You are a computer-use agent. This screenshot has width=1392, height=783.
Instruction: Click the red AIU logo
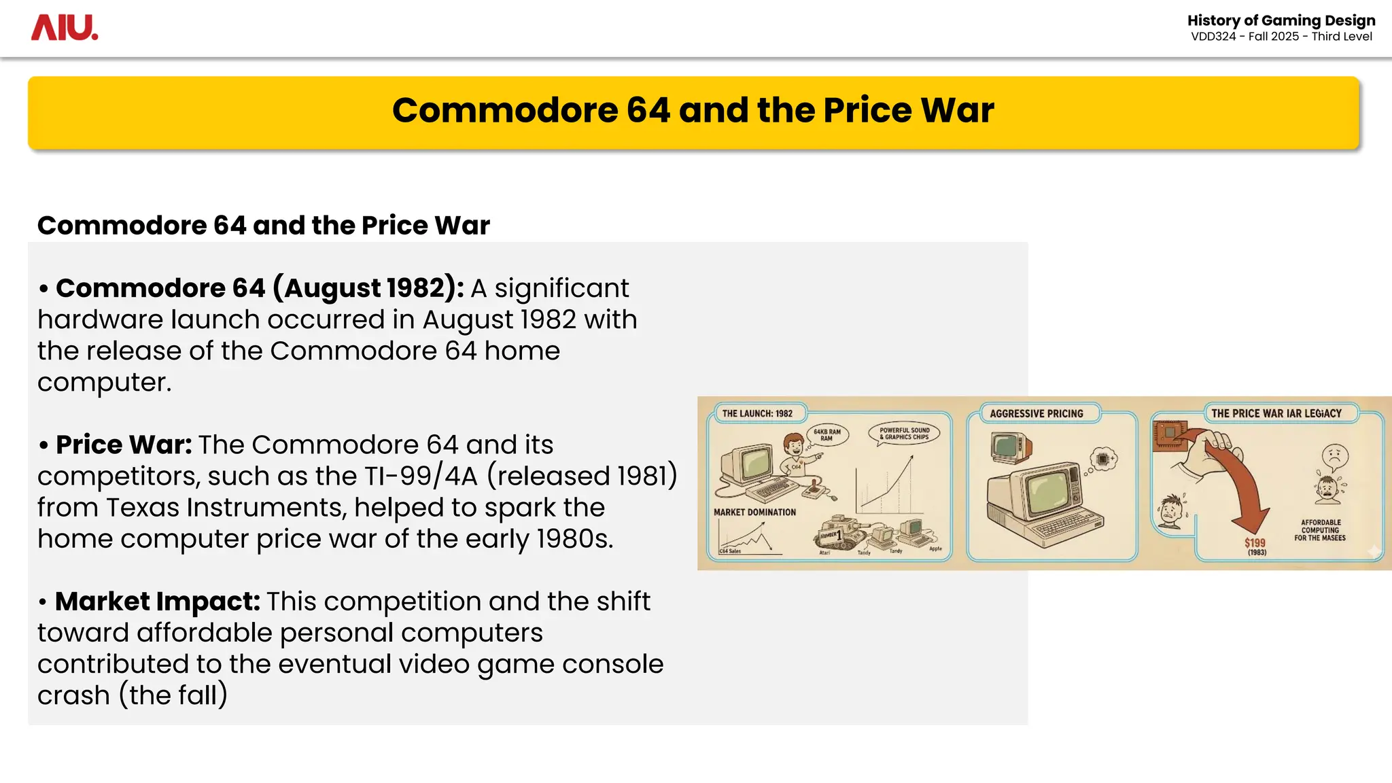click(65, 28)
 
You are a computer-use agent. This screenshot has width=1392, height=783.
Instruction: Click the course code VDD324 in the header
click(1213, 37)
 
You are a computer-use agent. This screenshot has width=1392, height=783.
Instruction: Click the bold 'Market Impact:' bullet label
click(157, 602)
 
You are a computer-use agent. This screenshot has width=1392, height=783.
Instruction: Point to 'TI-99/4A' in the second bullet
click(421, 476)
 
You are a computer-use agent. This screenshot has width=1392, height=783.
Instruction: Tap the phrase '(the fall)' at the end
click(173, 695)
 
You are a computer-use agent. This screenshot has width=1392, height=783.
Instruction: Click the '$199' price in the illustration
click(1255, 542)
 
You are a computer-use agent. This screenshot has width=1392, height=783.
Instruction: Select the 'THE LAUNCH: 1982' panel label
click(757, 413)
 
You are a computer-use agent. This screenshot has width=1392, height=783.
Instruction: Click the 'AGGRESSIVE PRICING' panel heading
click(1037, 413)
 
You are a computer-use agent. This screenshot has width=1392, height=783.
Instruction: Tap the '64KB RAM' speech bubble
click(827, 435)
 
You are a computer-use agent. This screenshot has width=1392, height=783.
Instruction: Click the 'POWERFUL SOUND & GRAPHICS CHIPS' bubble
click(904, 434)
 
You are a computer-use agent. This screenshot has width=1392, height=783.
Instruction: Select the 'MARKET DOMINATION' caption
click(754, 512)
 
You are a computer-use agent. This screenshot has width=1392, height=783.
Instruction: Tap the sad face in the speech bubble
click(1335, 456)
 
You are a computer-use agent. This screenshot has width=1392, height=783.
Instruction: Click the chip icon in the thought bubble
click(1103, 459)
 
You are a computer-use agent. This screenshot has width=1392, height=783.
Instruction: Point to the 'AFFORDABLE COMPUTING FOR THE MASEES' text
click(1320, 530)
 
